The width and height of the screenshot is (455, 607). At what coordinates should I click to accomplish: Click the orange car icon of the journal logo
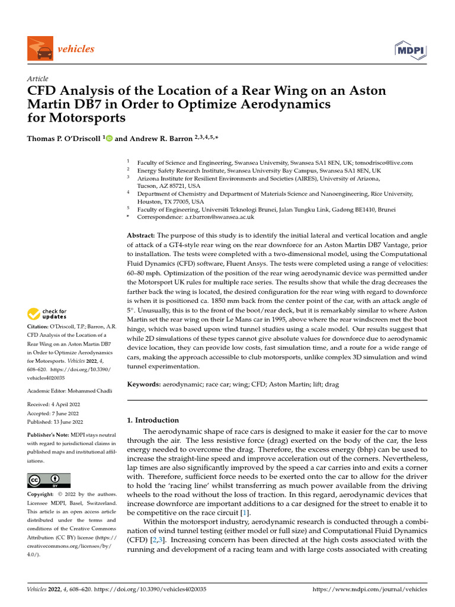[x=40, y=49]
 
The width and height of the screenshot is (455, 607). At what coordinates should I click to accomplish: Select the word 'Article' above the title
[x=38, y=79]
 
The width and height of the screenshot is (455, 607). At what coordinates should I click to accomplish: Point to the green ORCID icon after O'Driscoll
[x=109, y=138]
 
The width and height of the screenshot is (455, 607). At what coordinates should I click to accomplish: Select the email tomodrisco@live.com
[x=384, y=162]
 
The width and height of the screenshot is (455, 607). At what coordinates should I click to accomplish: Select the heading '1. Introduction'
[x=153, y=420]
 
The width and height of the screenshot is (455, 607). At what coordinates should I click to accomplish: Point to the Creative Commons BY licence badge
[x=49, y=480]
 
